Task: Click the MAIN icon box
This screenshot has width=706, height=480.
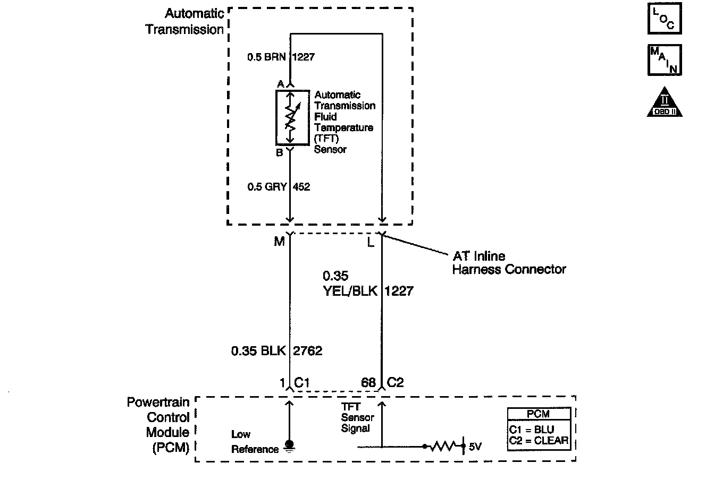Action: click(x=665, y=59)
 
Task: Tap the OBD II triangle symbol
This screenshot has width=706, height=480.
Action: click(x=665, y=102)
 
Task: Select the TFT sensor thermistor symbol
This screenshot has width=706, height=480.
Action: click(x=290, y=117)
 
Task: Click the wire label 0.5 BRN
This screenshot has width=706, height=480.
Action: click(x=267, y=57)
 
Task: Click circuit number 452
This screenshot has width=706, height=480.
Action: click(x=301, y=187)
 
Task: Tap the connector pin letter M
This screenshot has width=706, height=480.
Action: click(x=279, y=242)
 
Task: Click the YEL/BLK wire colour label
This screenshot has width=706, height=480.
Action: click(x=350, y=291)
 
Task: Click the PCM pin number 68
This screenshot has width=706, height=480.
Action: click(x=368, y=383)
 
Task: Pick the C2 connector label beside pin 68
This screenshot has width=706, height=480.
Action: click(x=396, y=382)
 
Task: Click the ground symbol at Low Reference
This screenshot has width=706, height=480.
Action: click(x=290, y=445)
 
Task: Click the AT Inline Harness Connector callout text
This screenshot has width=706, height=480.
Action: click(x=509, y=263)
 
